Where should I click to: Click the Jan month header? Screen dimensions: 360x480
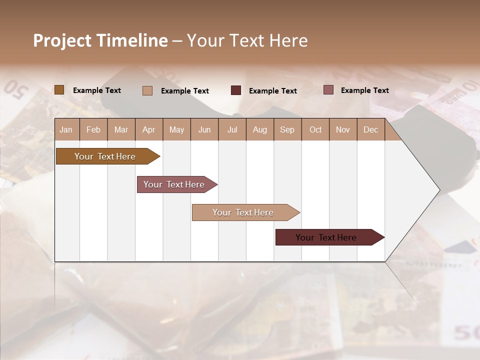(66, 129)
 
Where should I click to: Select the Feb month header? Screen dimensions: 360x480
(93, 129)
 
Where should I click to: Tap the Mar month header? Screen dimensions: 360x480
(121, 129)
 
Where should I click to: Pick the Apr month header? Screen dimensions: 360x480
(149, 129)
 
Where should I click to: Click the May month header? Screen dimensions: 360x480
(176, 129)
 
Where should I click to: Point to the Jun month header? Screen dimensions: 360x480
(204, 129)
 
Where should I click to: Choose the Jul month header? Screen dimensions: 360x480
(232, 129)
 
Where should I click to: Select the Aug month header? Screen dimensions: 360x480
(260, 129)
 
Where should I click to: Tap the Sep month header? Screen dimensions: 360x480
(287, 129)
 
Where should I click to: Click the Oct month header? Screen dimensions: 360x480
(315, 129)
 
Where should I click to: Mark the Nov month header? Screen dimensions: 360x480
(343, 129)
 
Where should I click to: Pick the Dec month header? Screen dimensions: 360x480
(370, 129)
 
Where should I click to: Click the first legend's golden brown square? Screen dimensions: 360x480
(59, 90)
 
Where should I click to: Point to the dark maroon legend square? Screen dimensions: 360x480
(236, 90)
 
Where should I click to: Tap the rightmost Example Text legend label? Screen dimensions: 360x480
(364, 90)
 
